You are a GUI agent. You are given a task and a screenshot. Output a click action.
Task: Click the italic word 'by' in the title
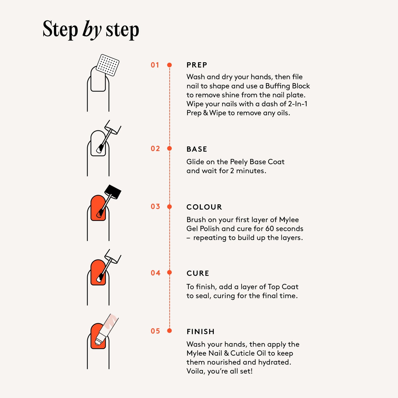pos(92,30)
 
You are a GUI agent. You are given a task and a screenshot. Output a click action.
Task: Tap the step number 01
pos(155,65)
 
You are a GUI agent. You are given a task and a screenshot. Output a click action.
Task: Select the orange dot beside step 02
pos(169,148)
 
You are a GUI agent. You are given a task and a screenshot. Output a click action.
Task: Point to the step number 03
pos(155,206)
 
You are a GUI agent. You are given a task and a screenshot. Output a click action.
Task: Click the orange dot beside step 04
pos(169,272)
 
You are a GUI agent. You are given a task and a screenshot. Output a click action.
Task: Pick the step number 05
pos(155,331)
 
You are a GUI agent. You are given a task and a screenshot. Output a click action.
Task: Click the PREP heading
pos(197,65)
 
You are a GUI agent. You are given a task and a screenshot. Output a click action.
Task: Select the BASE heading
pos(197,149)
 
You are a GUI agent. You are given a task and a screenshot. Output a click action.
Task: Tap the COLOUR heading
pos(204,207)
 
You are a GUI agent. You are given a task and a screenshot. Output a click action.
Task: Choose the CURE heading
pos(198,273)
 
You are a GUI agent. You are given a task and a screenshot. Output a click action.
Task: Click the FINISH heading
pos(201,332)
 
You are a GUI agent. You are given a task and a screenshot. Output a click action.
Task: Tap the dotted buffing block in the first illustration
pos(108,65)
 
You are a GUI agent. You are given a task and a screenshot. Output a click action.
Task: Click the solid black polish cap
pos(113,192)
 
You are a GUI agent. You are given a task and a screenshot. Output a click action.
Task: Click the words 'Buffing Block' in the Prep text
pos(288,86)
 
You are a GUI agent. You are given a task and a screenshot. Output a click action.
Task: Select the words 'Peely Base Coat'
pos(257,162)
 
